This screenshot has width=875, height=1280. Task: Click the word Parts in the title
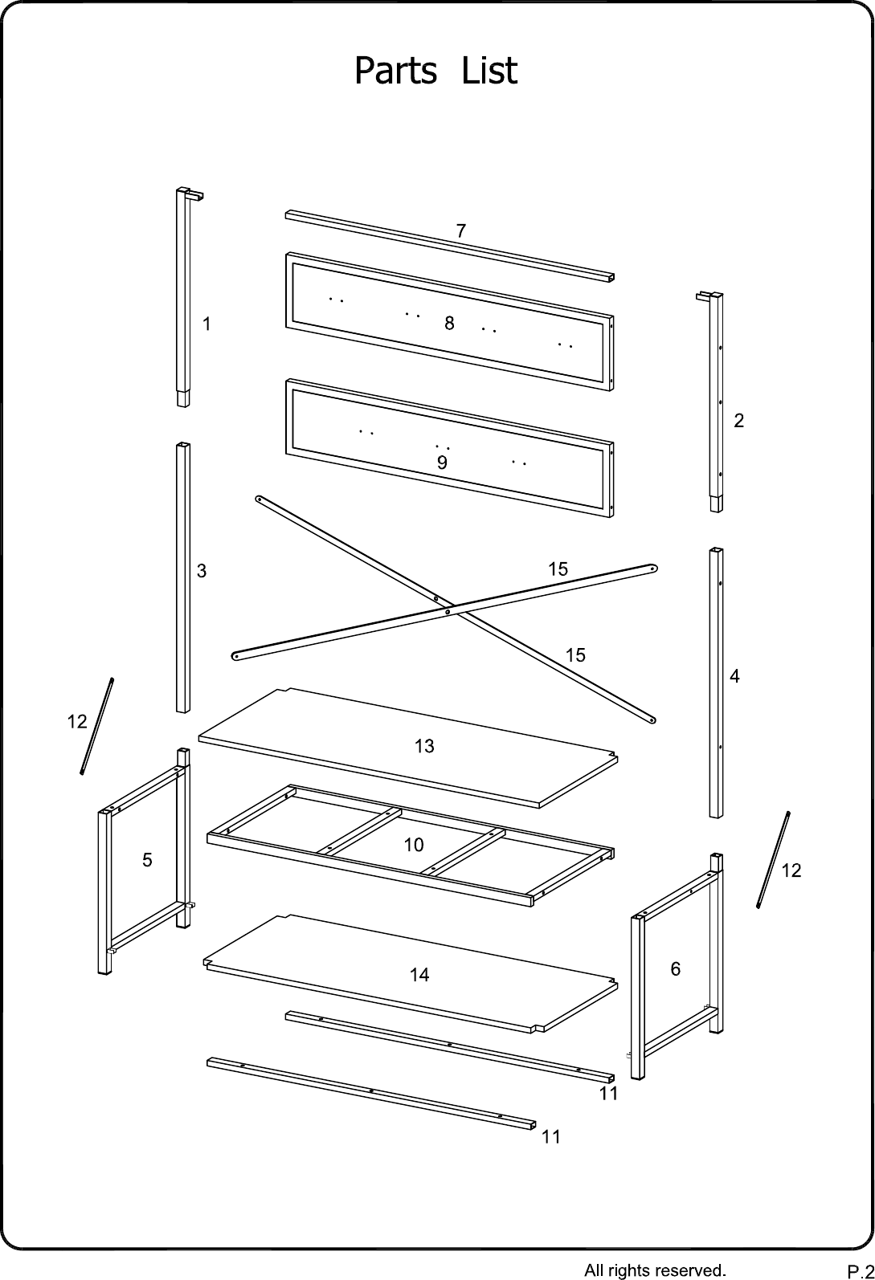coord(396,71)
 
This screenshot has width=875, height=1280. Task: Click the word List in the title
coord(489,71)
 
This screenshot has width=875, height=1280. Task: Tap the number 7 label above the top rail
coord(461,230)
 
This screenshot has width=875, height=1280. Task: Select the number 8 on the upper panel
coord(449,324)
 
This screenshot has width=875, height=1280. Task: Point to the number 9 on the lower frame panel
coord(442,463)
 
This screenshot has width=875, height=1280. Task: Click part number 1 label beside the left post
coord(206,324)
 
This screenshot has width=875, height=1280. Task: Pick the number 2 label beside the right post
coord(739,421)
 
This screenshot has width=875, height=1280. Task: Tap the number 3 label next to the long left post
coord(202,571)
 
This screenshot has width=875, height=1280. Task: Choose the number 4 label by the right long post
coord(735,677)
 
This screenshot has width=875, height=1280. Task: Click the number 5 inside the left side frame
coord(148,860)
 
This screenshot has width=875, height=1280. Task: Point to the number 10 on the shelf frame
coord(414,845)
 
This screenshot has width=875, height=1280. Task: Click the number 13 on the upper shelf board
coord(424,746)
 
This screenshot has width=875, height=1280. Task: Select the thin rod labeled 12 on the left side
coord(97,726)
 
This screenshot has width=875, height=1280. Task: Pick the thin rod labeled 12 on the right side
coord(773,859)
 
